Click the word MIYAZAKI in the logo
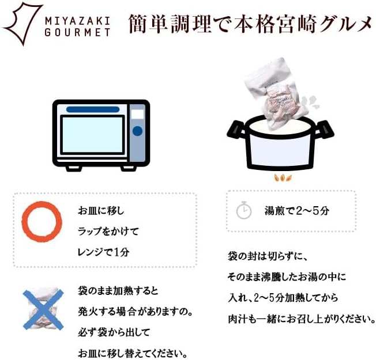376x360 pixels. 77,21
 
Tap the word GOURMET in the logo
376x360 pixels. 77,32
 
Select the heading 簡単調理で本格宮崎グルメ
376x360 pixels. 250,24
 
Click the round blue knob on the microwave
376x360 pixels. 137,131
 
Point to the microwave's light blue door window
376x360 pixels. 92,135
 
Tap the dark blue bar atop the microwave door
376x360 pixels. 93,109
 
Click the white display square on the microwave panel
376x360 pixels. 138,114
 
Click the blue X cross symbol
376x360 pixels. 43,309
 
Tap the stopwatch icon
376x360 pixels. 243,210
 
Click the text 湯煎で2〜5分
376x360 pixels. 297,211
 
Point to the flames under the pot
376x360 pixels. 283,178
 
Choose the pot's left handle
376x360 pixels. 236,130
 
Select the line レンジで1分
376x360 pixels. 104,252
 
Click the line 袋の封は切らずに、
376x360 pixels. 268,256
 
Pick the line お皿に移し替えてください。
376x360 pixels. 133,353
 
